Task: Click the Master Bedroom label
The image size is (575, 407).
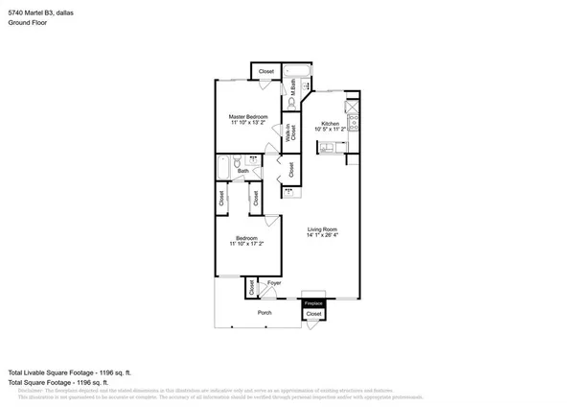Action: (248, 116)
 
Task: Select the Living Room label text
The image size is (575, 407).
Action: (321, 228)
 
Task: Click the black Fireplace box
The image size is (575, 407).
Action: (313, 303)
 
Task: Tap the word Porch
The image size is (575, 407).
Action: (264, 313)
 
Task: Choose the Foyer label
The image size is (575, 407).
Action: (273, 283)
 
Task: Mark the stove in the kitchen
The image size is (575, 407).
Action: (352, 122)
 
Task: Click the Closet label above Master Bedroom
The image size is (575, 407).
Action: (265, 72)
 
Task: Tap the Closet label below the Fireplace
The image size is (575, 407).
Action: (313, 314)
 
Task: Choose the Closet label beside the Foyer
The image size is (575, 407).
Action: (252, 286)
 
